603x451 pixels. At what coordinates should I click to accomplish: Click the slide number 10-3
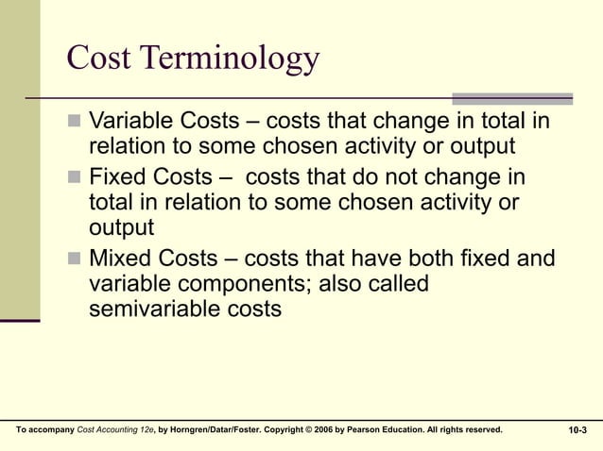pos(577,430)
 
